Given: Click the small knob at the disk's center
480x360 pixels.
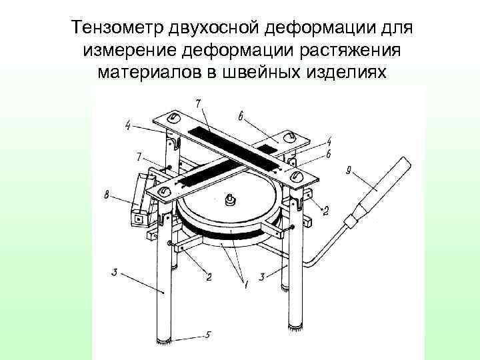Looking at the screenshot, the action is click(231, 199).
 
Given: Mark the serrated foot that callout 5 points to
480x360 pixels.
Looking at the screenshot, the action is click(165, 341).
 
